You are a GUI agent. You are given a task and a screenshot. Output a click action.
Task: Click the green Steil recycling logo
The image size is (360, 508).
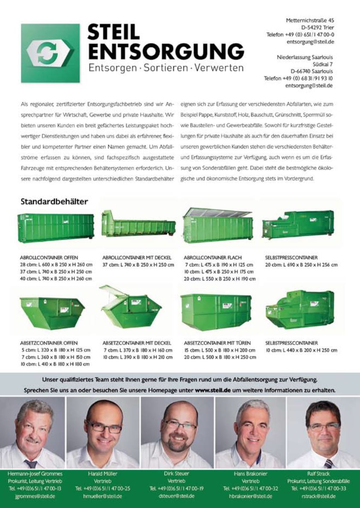[x=50, y=53]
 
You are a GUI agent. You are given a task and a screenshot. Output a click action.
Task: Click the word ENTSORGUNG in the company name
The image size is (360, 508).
[x=166, y=51]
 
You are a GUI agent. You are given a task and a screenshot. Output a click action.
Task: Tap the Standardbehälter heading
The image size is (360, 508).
[x=54, y=201]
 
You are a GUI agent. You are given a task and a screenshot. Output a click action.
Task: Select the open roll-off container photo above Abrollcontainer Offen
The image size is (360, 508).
[x=56, y=227]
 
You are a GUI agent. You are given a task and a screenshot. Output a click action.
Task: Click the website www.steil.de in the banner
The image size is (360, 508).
[x=213, y=390]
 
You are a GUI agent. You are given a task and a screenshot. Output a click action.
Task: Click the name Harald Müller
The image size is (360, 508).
[x=102, y=474]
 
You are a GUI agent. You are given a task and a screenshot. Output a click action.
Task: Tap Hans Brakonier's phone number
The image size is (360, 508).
[x=250, y=488]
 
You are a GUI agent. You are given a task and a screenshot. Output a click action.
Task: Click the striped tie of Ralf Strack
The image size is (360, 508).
[x=328, y=463]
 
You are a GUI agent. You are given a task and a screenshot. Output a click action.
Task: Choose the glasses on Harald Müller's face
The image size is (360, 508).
[x=104, y=427]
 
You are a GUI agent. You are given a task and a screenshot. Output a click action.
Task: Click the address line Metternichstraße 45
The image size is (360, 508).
[x=310, y=20]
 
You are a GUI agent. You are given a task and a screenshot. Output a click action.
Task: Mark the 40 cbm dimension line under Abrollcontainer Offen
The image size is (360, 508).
[x=56, y=279]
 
